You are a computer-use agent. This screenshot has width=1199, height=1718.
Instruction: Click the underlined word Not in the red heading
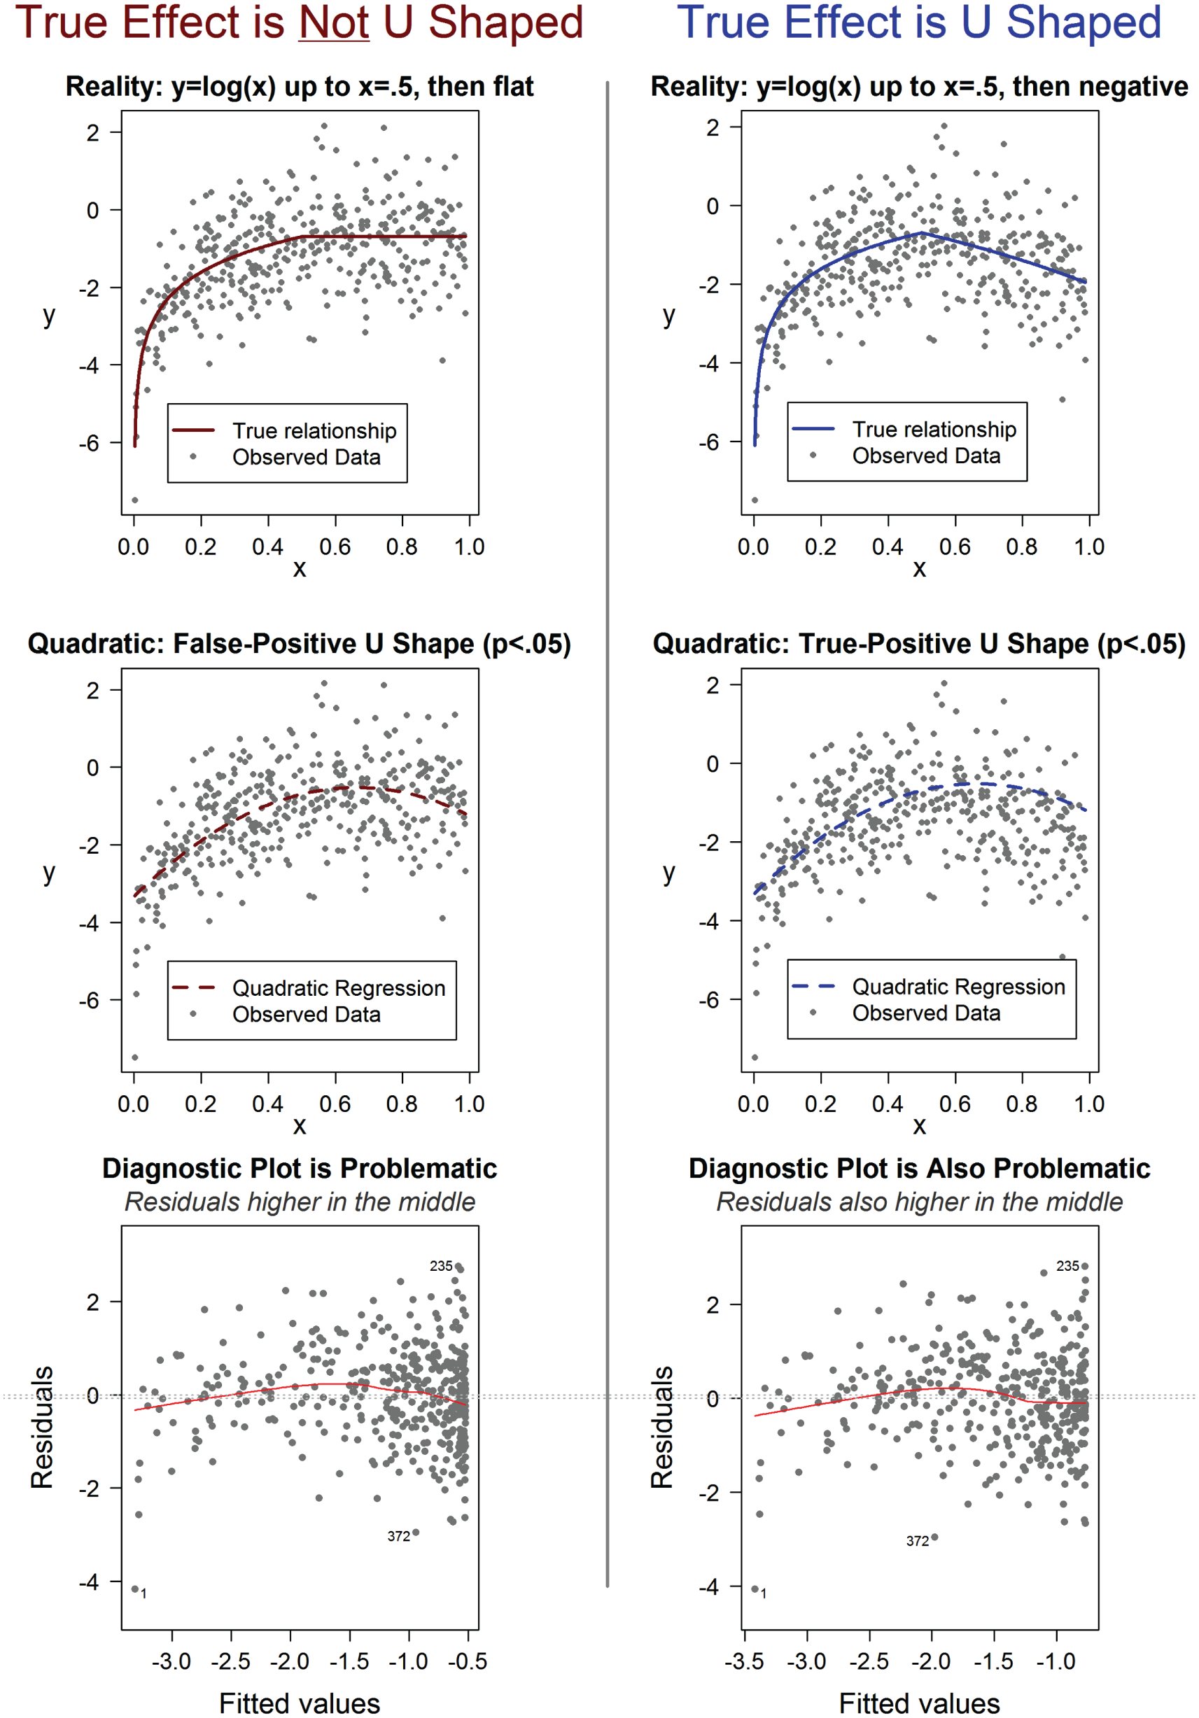[334, 22]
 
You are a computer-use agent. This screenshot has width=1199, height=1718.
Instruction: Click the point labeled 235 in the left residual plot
[458, 1266]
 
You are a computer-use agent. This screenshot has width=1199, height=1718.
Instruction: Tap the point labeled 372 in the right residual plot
[934, 1537]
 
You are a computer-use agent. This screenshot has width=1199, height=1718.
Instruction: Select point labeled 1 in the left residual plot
[134, 1589]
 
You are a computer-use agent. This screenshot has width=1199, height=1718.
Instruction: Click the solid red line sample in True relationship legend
[193, 430]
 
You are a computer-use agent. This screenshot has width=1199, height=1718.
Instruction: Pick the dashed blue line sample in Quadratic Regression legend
[813, 986]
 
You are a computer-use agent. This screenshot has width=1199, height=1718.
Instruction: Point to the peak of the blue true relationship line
[922, 234]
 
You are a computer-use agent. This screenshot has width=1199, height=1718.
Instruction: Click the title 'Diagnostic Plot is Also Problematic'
[919, 1168]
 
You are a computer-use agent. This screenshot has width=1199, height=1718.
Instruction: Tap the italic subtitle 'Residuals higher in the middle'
[300, 1202]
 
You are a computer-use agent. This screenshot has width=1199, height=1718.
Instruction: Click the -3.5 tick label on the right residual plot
[744, 1662]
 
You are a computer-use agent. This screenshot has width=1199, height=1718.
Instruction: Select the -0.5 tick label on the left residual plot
[468, 1662]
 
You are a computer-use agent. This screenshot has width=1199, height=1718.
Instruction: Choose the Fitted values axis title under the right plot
[919, 1704]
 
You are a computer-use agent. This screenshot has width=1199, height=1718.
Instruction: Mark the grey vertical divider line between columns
[607, 823]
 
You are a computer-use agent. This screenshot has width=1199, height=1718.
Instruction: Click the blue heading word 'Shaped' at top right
[1083, 22]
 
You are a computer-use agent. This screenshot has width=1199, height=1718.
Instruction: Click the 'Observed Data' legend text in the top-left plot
[306, 457]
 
